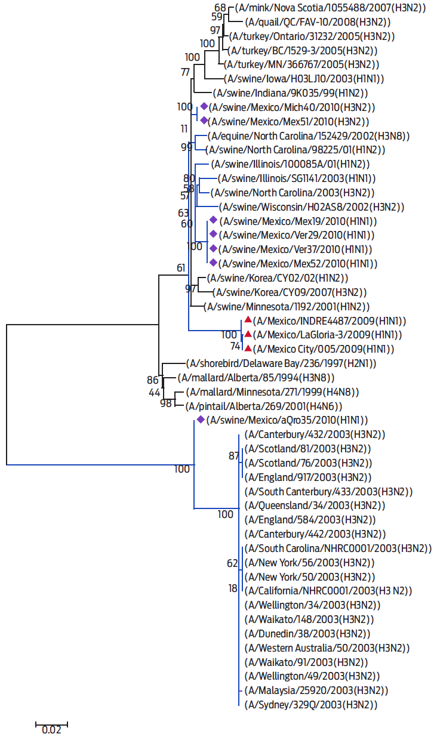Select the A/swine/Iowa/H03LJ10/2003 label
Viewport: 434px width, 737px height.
304,79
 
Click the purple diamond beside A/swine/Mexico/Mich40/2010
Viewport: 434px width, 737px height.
204,106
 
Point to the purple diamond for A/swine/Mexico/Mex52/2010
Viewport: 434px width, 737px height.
213,263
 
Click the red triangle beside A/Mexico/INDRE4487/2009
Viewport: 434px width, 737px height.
247,320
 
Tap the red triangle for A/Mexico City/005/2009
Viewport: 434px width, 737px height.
247,349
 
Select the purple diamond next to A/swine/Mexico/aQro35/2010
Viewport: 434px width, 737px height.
201,420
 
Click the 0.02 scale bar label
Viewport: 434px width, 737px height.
51,729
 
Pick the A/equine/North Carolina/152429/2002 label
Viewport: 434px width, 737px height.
309,135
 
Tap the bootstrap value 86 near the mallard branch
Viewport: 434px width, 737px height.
153,380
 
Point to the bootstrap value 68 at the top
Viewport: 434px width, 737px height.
220,8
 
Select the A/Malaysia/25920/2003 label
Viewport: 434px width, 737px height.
316,690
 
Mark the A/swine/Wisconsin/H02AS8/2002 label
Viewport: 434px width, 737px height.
312,207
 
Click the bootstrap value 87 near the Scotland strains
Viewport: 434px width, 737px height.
233,456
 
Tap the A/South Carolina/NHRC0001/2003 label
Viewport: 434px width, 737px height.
337,548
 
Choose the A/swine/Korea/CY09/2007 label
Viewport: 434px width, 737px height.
290,292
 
